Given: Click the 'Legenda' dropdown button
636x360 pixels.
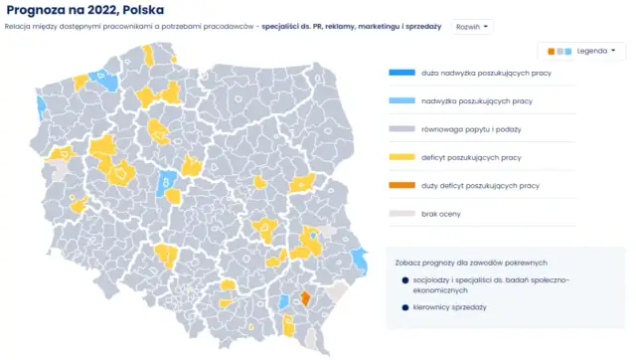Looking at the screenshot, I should pos(582,50).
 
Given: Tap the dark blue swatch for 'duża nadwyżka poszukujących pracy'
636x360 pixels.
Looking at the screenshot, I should pos(400,73).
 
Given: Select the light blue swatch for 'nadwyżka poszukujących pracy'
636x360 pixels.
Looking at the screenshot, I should pos(400,100).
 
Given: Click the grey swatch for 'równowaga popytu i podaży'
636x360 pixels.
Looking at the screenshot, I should pos(400,129).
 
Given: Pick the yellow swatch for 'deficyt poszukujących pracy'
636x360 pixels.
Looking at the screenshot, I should pos(400,157).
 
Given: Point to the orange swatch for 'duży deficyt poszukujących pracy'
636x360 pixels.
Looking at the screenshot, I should pos(400,185).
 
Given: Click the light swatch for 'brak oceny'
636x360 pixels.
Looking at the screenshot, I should pos(400,213).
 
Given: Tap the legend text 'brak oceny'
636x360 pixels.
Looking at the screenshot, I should pos(440,213).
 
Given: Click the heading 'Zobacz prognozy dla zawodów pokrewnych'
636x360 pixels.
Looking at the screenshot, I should pos(470,262).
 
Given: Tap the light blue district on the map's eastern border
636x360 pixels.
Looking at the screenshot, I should pos(359,260).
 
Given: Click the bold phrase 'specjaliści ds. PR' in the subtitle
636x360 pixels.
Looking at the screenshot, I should pos(293,26).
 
